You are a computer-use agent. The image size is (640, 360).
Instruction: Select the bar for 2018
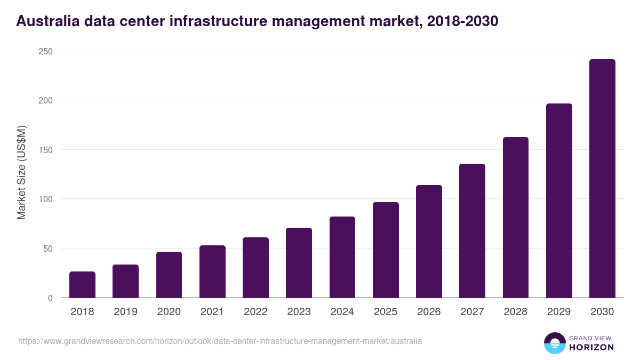82,285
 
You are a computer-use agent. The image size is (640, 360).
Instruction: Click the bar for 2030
602,179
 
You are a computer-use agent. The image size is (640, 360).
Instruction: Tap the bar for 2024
342,257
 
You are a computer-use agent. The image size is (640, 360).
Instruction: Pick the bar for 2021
212,271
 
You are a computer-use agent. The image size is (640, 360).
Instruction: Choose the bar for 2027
472,231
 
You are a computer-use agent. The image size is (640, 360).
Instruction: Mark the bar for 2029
559,201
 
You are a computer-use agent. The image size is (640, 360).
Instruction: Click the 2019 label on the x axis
125,312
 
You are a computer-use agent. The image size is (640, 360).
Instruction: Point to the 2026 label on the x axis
429,312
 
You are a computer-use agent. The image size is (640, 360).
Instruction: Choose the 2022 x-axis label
255,312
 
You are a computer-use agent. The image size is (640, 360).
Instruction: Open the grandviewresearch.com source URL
220,341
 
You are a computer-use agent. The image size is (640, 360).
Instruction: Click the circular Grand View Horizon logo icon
554,343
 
